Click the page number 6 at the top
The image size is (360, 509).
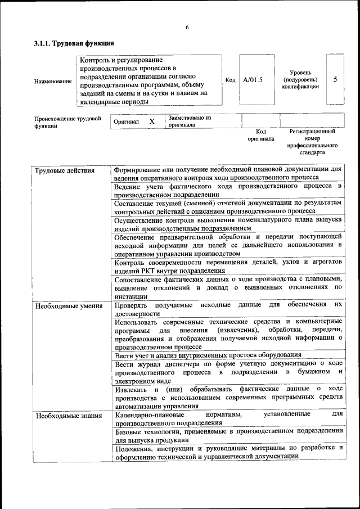187,28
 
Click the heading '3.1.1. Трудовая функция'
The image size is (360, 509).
74,43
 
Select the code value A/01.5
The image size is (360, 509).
253,80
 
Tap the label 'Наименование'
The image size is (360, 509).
53,81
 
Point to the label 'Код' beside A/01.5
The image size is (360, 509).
230,80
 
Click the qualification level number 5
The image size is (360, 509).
335,79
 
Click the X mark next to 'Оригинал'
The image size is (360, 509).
152,121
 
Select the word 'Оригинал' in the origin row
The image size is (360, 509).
126,121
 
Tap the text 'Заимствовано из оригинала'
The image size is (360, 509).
189,121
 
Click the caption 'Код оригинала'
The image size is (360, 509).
260,134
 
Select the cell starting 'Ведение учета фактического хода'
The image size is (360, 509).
228,190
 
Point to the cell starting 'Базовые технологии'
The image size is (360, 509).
228,435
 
